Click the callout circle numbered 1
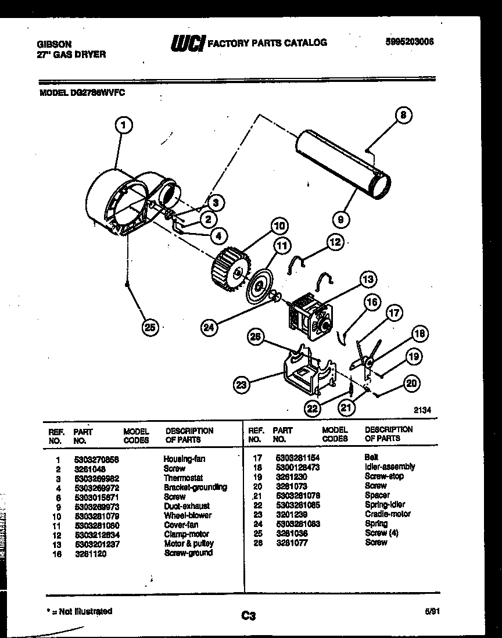(124, 124)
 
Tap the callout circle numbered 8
(402, 115)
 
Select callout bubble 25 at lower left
(150, 328)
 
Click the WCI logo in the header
(187, 43)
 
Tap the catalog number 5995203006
(410, 42)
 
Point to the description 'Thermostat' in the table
(182, 478)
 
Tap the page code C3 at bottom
(249, 616)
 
